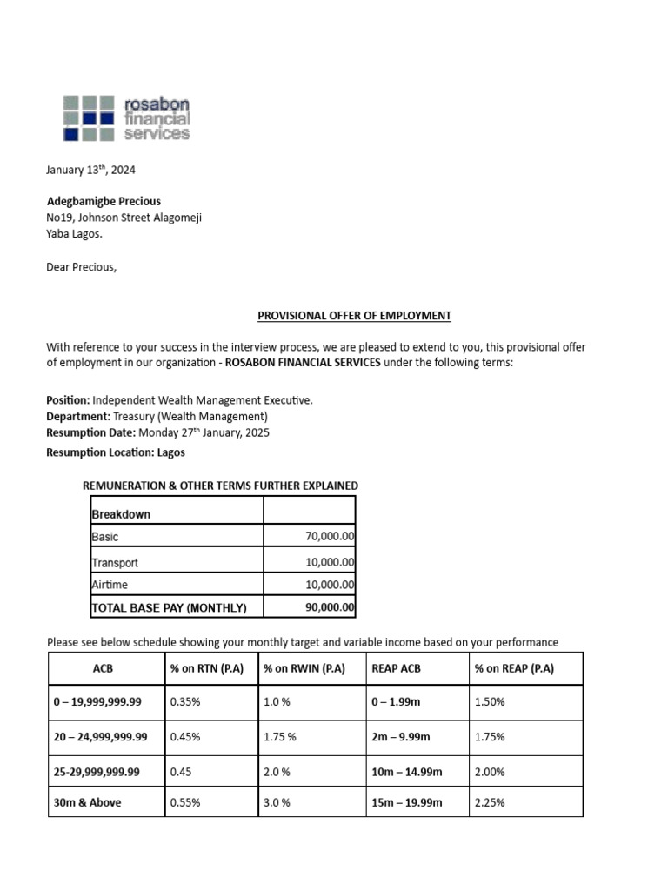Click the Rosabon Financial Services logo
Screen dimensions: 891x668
click(126, 117)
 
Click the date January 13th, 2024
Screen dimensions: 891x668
click(90, 170)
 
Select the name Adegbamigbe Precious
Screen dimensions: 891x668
click(104, 201)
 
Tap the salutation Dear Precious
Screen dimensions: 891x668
click(81, 266)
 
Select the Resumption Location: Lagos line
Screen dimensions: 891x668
click(116, 452)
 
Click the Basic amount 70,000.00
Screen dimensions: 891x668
click(330, 537)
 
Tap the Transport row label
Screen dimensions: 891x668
click(115, 563)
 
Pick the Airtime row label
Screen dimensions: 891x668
click(110, 586)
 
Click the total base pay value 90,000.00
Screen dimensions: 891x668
click(330, 607)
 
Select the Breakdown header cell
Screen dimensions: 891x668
click(121, 514)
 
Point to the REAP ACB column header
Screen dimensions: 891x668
click(397, 668)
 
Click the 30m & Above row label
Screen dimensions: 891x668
click(87, 802)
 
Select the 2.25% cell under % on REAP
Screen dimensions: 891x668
click(489, 802)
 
